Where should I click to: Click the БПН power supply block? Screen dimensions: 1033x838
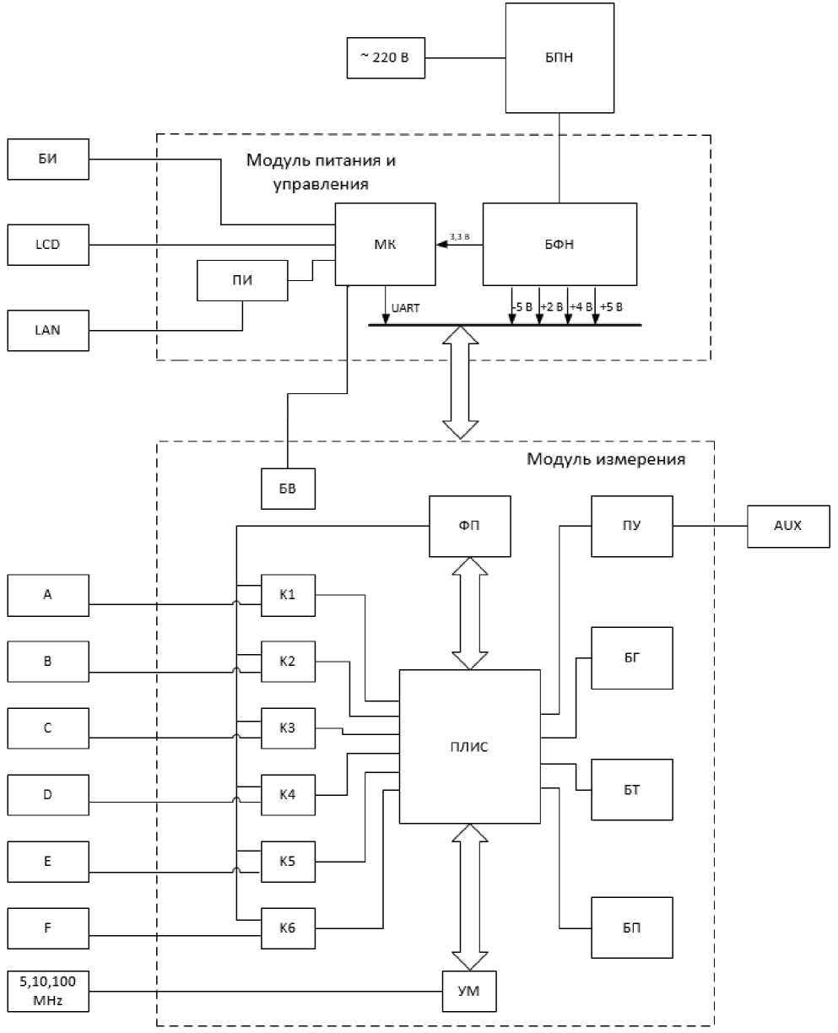(556, 57)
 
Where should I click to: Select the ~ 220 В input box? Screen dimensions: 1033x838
(385, 58)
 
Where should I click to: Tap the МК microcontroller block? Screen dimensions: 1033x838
(385, 245)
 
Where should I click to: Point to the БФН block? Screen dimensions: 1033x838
(559, 245)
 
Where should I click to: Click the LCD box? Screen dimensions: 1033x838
(48, 245)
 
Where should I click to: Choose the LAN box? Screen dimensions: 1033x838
(48, 330)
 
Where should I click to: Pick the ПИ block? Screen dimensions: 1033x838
(242, 280)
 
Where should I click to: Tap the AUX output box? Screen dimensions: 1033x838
(787, 526)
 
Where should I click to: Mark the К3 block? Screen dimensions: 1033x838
(289, 728)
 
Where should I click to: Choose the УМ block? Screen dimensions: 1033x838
(469, 992)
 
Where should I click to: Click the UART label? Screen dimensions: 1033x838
(407, 307)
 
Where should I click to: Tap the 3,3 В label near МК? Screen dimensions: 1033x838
(460, 237)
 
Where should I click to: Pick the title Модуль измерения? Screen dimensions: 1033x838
(605, 460)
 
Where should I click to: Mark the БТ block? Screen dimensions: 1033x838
(632, 789)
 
